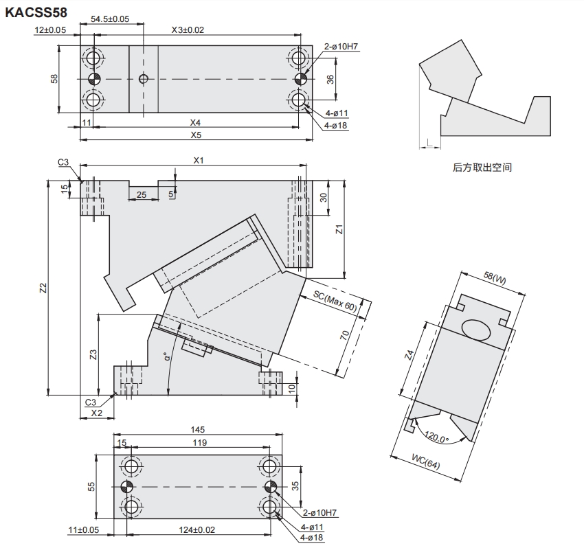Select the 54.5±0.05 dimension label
(110, 19)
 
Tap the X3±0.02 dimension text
(188, 30)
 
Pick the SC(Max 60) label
(336, 301)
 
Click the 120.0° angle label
(436, 437)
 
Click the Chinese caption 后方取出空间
(482, 167)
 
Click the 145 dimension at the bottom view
(199, 429)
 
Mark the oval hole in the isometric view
(477, 329)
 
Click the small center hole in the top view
(143, 78)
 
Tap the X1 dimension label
(199, 160)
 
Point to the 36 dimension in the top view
(330, 79)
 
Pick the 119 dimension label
(199, 443)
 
